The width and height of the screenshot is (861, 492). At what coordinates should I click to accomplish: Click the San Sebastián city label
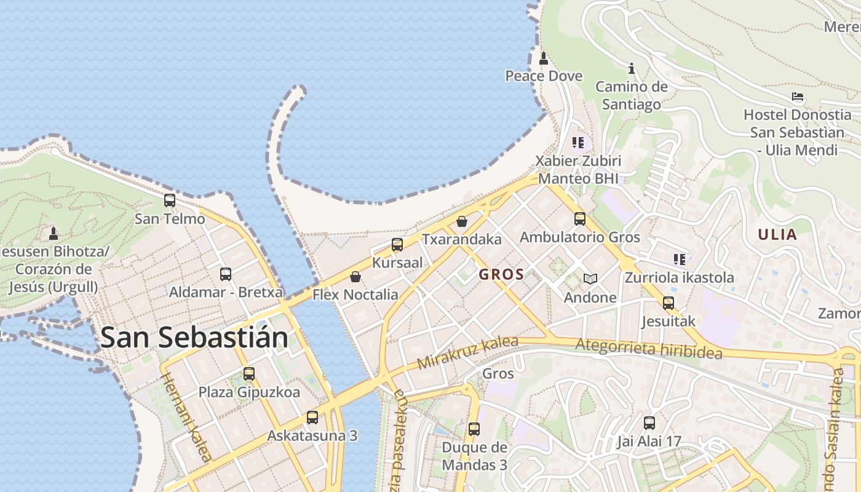[194, 337]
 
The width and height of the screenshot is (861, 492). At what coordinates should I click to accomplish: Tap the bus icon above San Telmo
[169, 200]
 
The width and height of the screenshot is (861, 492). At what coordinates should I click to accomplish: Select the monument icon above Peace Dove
[543, 58]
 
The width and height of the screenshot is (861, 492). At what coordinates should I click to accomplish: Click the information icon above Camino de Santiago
[631, 68]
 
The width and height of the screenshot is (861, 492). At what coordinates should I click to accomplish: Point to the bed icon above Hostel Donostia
[797, 97]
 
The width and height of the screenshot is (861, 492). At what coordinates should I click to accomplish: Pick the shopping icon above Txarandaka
[461, 221]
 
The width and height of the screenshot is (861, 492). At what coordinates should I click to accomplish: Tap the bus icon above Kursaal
[397, 245]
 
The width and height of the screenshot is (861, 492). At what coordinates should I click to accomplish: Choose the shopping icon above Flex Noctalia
[355, 277]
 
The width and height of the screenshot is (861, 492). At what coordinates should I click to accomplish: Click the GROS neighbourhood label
[501, 274]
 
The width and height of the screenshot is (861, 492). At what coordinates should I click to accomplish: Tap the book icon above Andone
[590, 279]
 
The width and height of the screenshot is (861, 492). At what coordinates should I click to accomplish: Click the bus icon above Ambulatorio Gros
[579, 219]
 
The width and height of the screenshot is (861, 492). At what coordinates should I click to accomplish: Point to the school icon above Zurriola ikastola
[679, 260]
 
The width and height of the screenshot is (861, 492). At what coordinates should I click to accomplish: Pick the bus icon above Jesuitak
[668, 303]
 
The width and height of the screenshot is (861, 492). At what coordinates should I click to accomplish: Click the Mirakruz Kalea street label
[467, 352]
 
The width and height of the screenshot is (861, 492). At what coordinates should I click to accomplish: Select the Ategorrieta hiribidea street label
[648, 349]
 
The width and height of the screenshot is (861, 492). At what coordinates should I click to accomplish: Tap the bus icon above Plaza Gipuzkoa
[249, 374]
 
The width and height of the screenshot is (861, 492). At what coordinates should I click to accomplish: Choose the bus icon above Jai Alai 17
[649, 423]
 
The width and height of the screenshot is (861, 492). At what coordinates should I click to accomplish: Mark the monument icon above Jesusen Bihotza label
[54, 234]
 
